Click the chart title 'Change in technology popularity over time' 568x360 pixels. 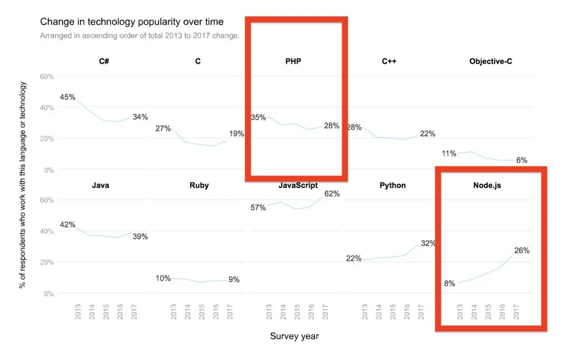tap(131, 22)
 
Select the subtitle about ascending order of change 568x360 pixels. tap(140, 36)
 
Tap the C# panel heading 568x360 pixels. tap(104, 61)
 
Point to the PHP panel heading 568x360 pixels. tap(293, 61)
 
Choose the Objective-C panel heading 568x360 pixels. tap(491, 61)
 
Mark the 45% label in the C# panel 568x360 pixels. tap(68, 97)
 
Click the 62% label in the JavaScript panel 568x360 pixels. tap(332, 194)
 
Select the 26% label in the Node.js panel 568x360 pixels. tap(522, 251)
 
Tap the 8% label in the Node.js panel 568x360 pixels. tap(450, 284)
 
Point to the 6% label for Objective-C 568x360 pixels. tap(522, 160)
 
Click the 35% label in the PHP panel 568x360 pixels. tap(258, 117)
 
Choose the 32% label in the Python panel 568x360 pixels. tap(427, 243)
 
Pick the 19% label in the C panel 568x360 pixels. tap(237, 133)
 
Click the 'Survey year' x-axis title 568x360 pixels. tap(294, 336)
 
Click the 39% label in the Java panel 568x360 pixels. tap(140, 236)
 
